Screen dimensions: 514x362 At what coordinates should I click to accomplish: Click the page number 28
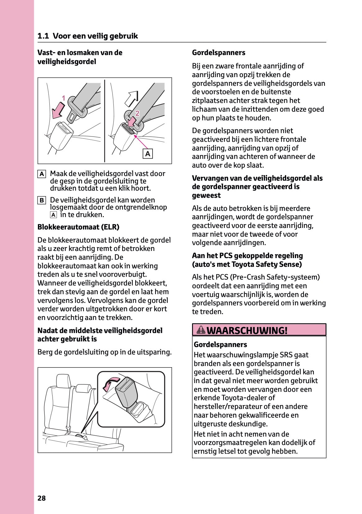click(x=41, y=498)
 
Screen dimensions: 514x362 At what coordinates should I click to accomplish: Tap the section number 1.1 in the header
click(x=43, y=36)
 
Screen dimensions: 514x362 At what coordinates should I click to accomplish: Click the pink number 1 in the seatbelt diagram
click(x=63, y=98)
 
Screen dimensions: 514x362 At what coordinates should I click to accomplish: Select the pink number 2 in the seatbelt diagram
click(x=137, y=113)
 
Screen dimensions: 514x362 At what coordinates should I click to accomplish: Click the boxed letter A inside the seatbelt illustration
click(x=148, y=154)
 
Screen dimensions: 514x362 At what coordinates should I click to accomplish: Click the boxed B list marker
click(x=42, y=200)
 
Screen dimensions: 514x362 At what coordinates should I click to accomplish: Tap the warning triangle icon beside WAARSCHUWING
click(x=201, y=330)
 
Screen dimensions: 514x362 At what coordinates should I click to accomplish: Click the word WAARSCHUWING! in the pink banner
click(x=247, y=330)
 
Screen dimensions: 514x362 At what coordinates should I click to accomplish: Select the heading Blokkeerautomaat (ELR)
click(x=78, y=227)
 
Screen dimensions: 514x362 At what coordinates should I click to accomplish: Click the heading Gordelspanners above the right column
click(x=218, y=53)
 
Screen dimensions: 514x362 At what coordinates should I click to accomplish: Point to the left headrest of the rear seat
click(x=63, y=381)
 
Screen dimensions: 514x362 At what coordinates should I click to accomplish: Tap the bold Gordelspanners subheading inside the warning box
click(x=220, y=345)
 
